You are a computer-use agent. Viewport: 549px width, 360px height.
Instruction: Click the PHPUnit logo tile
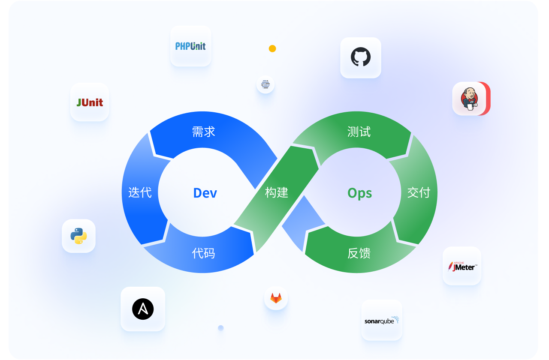tap(190, 46)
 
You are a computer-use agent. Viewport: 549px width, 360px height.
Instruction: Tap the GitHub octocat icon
tap(361, 57)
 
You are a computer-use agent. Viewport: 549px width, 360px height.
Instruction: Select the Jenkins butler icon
tap(469, 99)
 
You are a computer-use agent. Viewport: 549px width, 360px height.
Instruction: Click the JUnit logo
tap(90, 102)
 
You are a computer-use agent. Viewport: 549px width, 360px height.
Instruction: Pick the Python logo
tap(78, 236)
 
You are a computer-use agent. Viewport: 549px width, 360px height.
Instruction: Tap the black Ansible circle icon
tap(143, 309)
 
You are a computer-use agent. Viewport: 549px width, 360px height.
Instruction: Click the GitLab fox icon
tap(276, 298)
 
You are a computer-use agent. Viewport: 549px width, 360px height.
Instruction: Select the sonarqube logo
tap(382, 321)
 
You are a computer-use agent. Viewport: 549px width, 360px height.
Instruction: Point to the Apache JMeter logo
tap(462, 266)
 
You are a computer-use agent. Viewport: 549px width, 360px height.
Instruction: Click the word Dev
tap(205, 193)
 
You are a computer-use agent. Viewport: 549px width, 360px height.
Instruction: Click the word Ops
tap(359, 193)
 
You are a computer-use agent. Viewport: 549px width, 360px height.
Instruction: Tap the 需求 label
tap(204, 132)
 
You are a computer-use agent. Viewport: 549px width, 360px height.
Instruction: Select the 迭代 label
tap(140, 192)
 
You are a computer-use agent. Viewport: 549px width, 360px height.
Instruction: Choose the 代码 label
tap(203, 253)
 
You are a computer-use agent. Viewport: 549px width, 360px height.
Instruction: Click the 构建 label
tap(277, 192)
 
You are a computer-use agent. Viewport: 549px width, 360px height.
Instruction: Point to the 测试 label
tap(359, 132)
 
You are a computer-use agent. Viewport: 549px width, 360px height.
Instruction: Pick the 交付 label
tap(419, 192)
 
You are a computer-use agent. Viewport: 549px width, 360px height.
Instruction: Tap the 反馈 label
tap(359, 253)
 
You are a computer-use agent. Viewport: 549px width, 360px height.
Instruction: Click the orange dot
tap(272, 48)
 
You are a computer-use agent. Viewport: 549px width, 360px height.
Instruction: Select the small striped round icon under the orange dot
tap(265, 84)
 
